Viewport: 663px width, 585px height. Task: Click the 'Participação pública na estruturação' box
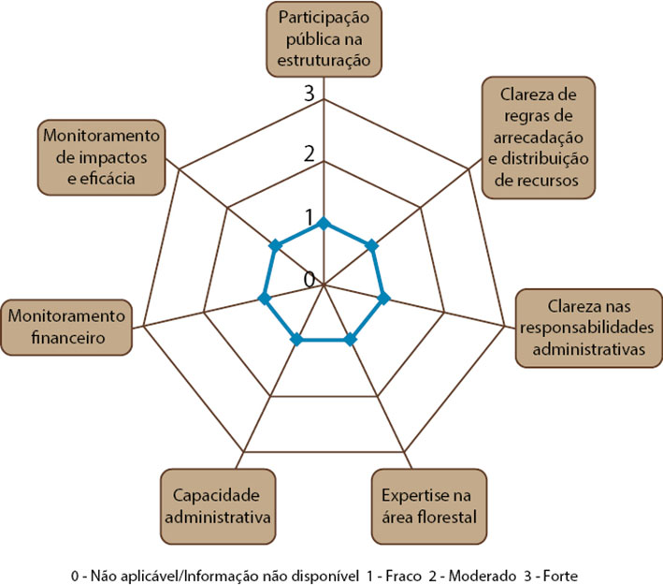[x=324, y=39]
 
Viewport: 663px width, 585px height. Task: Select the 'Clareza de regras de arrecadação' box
[x=539, y=138]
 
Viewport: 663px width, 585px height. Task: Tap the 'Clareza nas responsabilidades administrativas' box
[x=589, y=328]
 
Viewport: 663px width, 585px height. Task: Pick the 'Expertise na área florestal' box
[x=429, y=506]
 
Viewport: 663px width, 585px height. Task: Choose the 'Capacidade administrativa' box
[x=218, y=506]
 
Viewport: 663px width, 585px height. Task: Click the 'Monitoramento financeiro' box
[x=66, y=328]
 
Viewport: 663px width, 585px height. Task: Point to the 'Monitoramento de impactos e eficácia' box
[x=102, y=157]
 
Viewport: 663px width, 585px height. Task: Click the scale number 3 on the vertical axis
[x=310, y=93]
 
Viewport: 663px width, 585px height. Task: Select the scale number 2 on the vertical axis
[x=310, y=154]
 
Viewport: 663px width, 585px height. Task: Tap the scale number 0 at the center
[x=310, y=279]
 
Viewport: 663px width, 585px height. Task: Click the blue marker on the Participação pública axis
[x=324, y=223]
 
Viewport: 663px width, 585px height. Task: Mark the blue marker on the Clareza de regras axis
[x=371, y=245]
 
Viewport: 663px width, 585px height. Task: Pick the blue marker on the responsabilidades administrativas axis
[x=383, y=299]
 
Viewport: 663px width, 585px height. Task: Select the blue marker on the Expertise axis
[x=350, y=339]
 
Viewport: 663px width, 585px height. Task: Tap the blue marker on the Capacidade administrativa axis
[x=297, y=339]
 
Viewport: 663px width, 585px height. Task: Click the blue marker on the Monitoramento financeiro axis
[x=265, y=298]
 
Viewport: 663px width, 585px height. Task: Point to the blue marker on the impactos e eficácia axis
[x=276, y=245]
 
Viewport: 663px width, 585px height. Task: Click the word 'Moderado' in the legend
[x=483, y=577]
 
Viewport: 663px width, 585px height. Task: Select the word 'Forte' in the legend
[x=560, y=577]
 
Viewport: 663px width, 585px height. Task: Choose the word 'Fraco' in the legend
[x=403, y=577]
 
